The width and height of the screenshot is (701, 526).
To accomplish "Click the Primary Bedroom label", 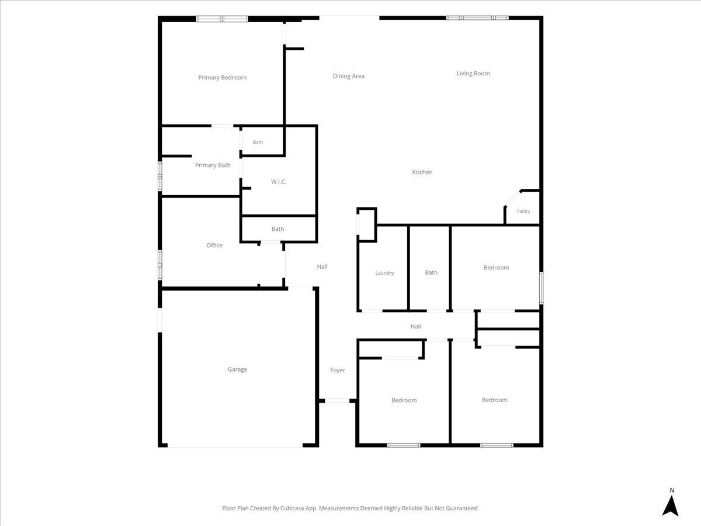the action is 223,78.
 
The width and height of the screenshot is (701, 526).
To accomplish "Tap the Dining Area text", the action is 348,77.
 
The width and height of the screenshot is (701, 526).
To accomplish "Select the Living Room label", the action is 473,74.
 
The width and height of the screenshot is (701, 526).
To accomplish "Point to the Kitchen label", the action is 422,172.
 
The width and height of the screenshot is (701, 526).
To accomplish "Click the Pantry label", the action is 523,211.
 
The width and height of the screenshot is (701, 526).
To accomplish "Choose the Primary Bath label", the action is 213,165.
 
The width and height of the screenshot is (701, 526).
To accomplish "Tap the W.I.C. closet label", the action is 279,182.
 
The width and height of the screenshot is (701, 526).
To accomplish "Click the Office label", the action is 214,245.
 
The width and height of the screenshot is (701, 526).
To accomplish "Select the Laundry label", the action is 384,273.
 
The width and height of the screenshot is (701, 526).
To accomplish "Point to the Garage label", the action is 237,369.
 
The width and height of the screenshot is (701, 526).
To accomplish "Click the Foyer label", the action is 338,370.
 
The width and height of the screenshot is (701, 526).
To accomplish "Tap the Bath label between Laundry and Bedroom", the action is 431,272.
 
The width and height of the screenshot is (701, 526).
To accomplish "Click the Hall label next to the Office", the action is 322,267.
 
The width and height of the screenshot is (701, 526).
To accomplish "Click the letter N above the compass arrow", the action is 672,490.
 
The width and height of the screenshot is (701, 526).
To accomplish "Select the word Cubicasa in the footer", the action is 292,508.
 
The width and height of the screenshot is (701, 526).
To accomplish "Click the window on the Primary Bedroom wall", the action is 222,19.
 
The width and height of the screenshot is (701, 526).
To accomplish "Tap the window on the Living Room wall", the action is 477,18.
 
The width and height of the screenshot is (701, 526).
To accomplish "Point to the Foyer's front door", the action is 337,400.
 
